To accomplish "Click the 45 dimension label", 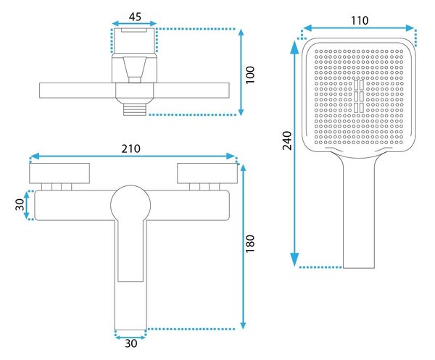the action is (x=135, y=17).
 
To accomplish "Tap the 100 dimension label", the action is (x=250, y=75).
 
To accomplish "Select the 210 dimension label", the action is (x=130, y=148).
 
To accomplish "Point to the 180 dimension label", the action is (x=250, y=243).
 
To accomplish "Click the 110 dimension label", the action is (x=360, y=20).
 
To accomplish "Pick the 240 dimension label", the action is (x=287, y=141).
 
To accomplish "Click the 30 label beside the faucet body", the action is (x=20, y=205).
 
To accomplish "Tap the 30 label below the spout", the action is (x=131, y=343).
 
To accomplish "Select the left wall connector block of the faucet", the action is (x=59, y=173).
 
